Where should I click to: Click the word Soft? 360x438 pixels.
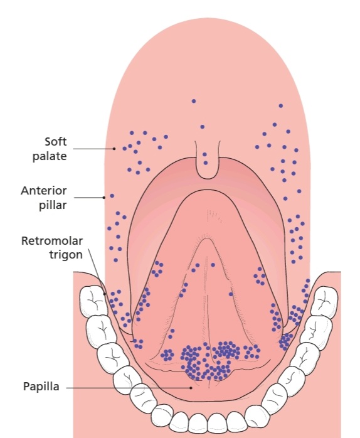tap(56, 142)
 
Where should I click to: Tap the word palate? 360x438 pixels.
tap(50, 156)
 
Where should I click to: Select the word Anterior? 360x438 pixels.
tap(43, 191)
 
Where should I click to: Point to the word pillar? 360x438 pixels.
tap(53, 205)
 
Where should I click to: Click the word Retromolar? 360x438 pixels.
tap(52, 240)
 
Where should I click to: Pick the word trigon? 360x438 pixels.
tap(66, 255)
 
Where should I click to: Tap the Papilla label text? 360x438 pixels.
tap(41, 387)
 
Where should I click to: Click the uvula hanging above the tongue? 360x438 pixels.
tap(207, 161)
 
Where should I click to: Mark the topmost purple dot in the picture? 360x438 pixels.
tap(194, 101)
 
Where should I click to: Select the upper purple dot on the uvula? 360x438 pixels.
tap(204, 154)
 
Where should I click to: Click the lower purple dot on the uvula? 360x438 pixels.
tap(206, 163)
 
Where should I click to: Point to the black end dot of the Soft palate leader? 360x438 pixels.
tap(114, 149)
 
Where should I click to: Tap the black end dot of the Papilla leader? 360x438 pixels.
tap(191, 388)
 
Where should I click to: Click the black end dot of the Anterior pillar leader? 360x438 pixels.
tap(104, 198)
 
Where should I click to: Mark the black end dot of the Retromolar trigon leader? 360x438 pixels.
tap(105, 294)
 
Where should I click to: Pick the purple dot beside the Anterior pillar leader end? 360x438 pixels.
tap(112, 196)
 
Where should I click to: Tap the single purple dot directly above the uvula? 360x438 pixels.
tap(202, 127)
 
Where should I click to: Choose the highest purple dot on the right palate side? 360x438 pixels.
tap(281, 106)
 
